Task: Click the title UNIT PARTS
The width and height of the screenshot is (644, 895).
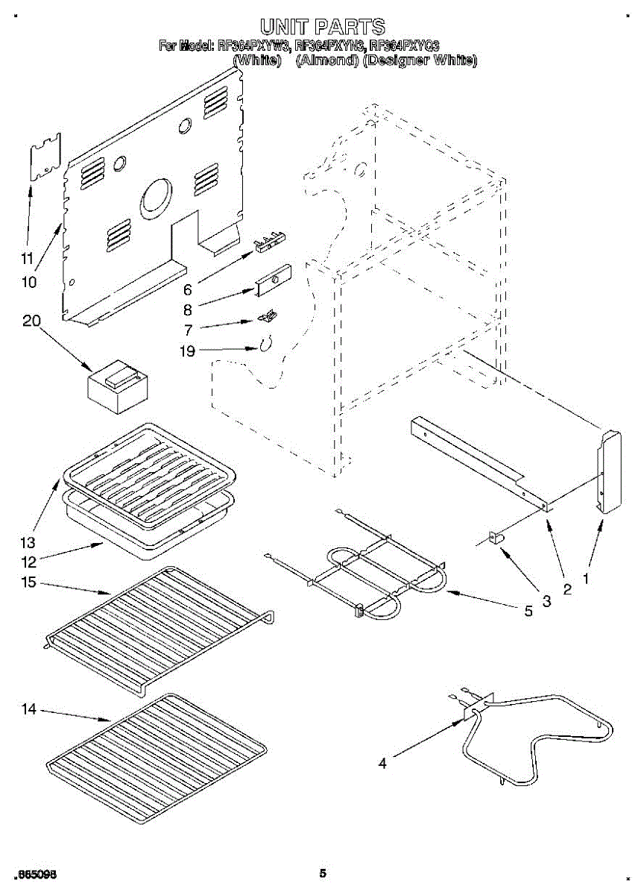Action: point(321,28)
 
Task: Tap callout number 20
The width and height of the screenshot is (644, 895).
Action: point(32,321)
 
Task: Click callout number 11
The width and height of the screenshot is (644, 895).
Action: point(28,260)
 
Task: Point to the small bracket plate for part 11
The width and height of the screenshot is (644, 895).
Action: point(45,157)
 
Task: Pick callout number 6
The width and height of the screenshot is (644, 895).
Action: point(188,290)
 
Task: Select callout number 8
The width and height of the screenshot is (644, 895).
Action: point(188,310)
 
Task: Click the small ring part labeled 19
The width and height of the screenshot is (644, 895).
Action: point(265,345)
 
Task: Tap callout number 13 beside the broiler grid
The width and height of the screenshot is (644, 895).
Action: point(28,543)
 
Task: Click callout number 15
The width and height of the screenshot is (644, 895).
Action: point(28,582)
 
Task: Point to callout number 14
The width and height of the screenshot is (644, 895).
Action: point(28,710)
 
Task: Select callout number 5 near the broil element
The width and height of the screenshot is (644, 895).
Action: point(528,611)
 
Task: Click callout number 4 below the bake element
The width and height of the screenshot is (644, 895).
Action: point(382,763)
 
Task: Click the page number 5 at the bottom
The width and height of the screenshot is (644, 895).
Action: point(323,873)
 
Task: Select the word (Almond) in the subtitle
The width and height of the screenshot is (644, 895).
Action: point(327,61)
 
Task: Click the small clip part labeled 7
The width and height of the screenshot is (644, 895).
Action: point(264,318)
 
